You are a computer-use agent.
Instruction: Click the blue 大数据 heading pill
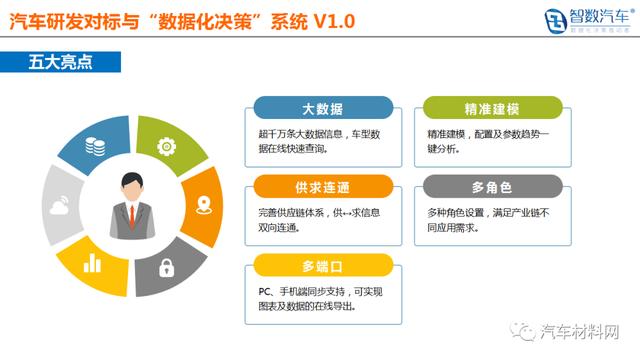[322, 108]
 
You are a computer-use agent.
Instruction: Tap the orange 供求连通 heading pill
[322, 187]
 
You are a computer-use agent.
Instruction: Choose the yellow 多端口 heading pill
[322, 265]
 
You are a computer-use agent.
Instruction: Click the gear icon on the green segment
[167, 145]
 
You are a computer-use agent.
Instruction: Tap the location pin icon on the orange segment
[203, 207]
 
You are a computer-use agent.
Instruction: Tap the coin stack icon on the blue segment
[95, 146]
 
